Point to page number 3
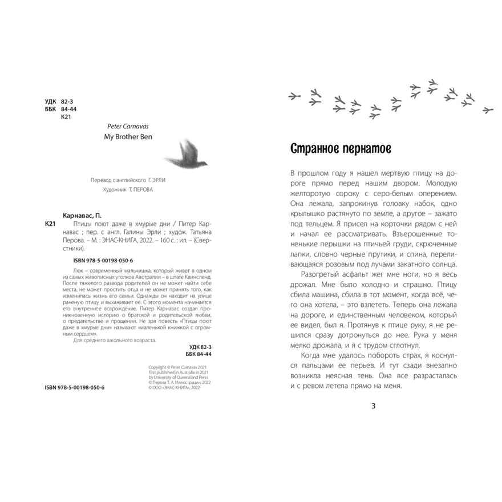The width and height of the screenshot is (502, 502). pyautogui.click(x=374, y=406)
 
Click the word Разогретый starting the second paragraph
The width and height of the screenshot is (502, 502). pyautogui.click(x=313, y=274)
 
